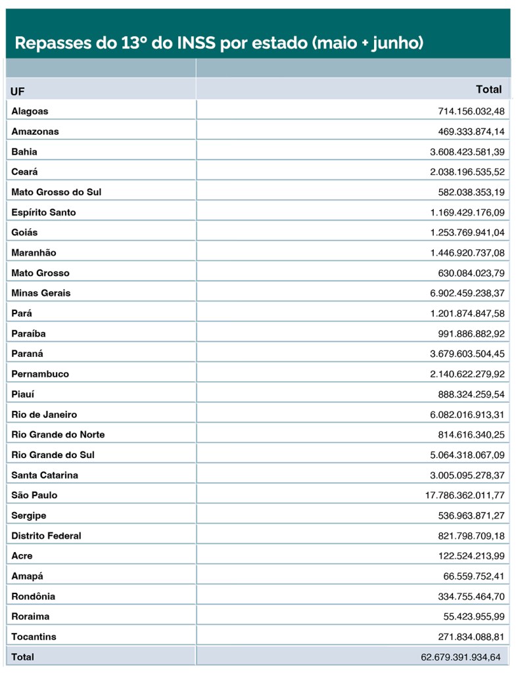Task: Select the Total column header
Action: pos(488,89)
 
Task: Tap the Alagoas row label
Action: pos(30,111)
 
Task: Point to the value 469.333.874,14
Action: pos(471,131)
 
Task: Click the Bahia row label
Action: pos(24,152)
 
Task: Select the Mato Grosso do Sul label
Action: pos(56,192)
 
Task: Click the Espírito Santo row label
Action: pos(43,212)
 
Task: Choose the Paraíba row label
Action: pos(28,333)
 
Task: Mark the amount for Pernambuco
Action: pos(467,374)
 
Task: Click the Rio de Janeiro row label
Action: pos(44,415)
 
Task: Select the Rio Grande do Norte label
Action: pos(58,434)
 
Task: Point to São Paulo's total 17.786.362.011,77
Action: pos(465,496)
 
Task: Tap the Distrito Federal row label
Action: pos(46,536)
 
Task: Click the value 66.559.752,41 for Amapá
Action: pos(474,576)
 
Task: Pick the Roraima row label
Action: pos(30,616)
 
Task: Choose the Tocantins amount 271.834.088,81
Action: pos(471,637)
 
